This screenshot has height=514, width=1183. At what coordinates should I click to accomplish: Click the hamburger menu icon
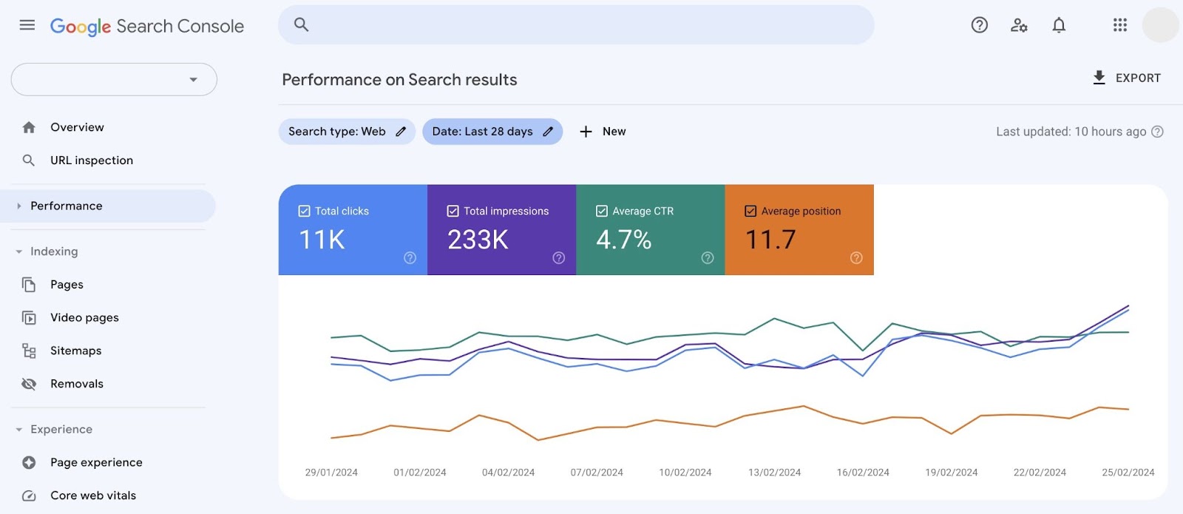point(27,25)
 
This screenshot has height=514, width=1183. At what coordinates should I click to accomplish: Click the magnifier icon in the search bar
point(301,24)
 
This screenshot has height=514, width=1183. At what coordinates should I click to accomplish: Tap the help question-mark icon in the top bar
point(979,25)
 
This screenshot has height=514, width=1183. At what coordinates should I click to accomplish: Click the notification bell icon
point(1059,25)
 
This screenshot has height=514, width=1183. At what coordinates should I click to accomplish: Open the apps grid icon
point(1119,25)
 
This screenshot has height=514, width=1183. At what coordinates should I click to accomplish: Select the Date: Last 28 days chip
point(492,132)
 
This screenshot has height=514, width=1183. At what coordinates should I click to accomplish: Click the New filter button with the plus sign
point(603,132)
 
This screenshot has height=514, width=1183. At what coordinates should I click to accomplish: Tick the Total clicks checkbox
point(304,211)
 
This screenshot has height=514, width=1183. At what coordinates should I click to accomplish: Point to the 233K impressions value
point(478,240)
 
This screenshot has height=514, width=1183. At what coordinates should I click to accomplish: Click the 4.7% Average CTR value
point(623,240)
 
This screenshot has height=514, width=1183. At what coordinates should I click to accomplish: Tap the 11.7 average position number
point(770,240)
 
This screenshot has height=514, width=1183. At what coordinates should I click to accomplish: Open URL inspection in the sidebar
point(92,160)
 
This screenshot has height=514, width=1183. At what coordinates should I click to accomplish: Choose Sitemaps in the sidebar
point(75,351)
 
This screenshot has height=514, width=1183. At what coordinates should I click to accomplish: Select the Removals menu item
point(77,384)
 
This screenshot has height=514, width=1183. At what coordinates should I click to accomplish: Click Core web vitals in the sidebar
point(93,496)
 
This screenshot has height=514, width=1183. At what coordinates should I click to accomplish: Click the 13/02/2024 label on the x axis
point(774,473)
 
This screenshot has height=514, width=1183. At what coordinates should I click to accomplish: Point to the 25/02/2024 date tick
point(1128,473)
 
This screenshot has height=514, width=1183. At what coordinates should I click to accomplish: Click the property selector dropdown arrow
point(193,80)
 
